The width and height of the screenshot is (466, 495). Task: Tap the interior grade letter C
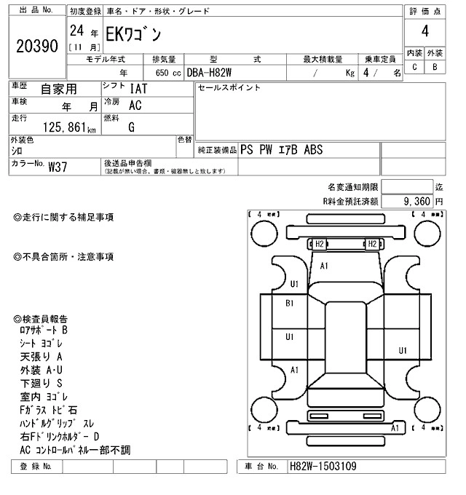click(x=414, y=68)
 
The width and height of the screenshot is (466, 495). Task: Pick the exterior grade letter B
click(x=435, y=68)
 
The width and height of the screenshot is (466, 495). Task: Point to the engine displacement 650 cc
click(x=165, y=73)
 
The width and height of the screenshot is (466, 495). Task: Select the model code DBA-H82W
click(x=211, y=73)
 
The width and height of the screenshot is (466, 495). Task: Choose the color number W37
click(x=58, y=167)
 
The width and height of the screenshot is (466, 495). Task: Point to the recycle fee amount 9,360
click(x=417, y=200)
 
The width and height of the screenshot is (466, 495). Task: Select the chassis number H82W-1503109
click(x=323, y=466)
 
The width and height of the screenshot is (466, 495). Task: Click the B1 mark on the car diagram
click(x=289, y=303)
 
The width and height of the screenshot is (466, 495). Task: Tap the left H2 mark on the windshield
click(x=318, y=244)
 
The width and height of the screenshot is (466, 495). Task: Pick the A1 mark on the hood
click(x=325, y=266)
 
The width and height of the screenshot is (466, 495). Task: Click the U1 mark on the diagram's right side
click(x=402, y=351)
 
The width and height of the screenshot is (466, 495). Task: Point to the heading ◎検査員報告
click(x=42, y=320)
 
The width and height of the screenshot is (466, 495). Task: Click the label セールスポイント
click(x=229, y=88)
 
